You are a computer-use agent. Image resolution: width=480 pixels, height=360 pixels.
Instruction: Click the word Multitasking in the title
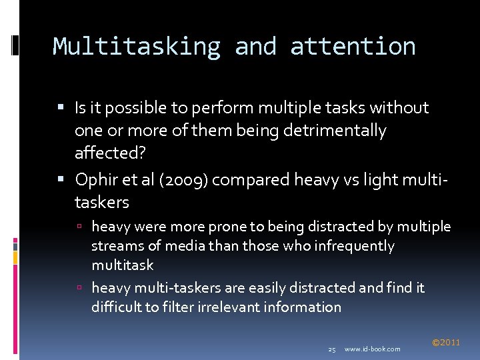pyautogui.click(x=137, y=47)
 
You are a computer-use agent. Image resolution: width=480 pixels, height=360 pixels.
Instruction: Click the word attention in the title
pyautogui.click(x=353, y=47)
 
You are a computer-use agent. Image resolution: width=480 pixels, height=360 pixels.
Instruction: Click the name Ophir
pyautogui.click(x=96, y=180)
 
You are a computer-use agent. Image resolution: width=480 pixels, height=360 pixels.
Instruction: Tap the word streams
pyautogui.click(x=114, y=246)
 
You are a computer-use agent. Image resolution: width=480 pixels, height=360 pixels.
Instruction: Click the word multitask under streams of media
pyautogui.click(x=122, y=265)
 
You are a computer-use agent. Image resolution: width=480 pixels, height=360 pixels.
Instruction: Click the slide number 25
pyautogui.click(x=332, y=349)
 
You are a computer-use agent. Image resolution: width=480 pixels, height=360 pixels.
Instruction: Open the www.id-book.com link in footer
pyautogui.click(x=373, y=349)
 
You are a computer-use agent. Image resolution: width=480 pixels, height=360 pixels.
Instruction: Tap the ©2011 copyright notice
pyautogui.click(x=446, y=343)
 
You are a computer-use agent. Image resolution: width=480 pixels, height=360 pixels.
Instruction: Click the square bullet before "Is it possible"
pyautogui.click(x=61, y=107)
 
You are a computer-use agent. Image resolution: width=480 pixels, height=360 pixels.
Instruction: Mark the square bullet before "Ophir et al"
pyautogui.click(x=61, y=179)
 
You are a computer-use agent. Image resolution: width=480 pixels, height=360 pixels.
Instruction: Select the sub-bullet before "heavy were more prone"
pyautogui.click(x=79, y=227)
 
